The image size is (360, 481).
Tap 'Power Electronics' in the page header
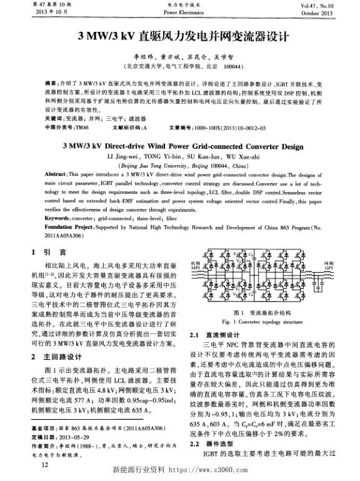click(x=179, y=13)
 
